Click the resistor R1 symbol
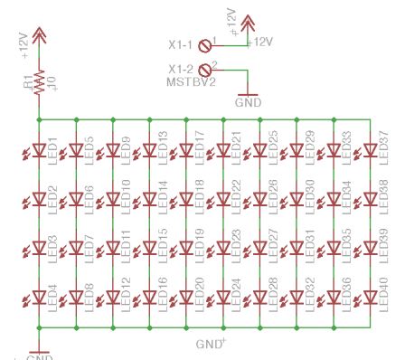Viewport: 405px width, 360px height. (x=39, y=82)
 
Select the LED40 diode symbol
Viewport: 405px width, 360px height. (x=371, y=296)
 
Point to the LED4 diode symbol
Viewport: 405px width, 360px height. (x=39, y=296)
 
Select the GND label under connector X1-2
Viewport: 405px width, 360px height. (x=247, y=103)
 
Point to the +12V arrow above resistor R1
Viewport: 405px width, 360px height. (x=39, y=35)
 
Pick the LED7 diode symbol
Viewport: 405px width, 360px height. (x=76, y=246)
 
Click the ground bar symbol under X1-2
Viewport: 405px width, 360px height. (x=247, y=92)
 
